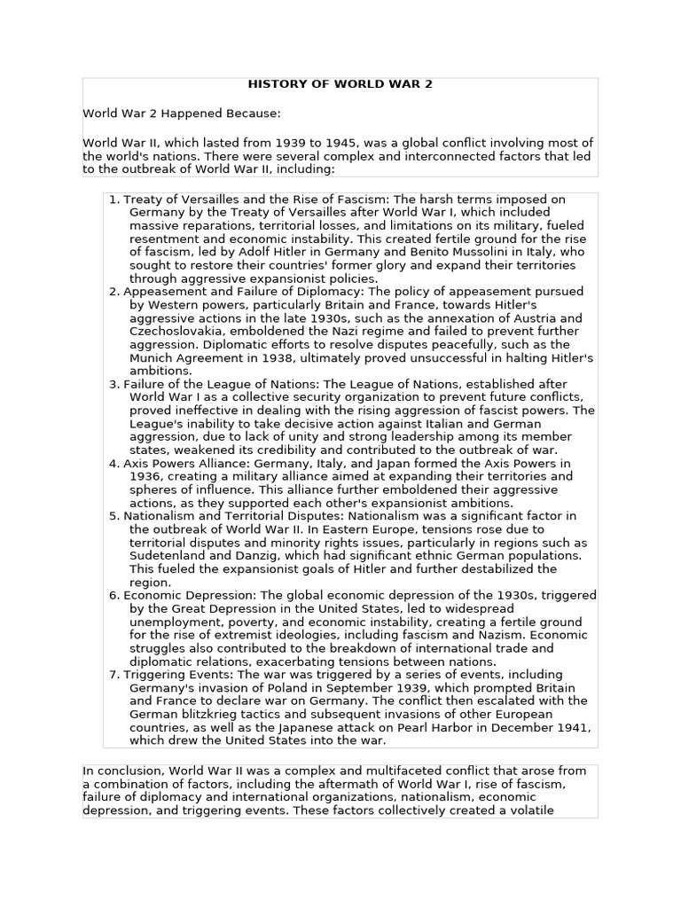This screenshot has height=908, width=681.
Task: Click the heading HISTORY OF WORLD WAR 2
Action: pos(340,84)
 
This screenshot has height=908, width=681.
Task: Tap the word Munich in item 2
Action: pos(153,356)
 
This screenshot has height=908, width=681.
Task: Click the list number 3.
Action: pos(113,383)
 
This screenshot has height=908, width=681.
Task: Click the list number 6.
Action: pos(113,595)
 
